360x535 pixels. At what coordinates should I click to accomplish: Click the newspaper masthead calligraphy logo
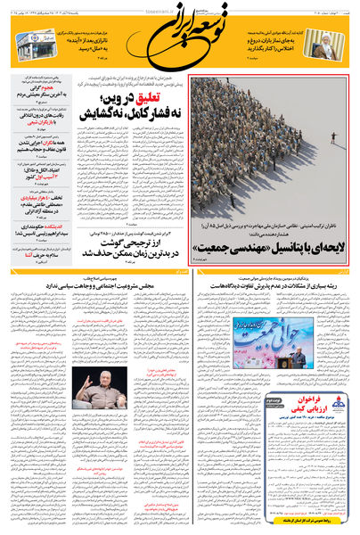[178, 33]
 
